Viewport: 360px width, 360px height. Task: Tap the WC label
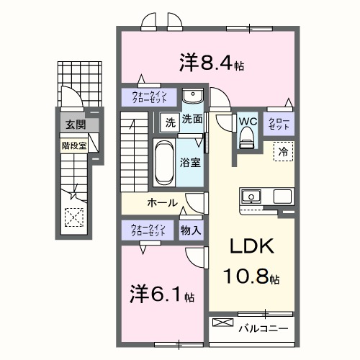248,120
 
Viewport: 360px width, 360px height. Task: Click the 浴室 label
191,163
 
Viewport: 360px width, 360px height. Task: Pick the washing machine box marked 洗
169,121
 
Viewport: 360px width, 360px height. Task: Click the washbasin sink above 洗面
192,97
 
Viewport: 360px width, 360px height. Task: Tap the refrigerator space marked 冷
283,152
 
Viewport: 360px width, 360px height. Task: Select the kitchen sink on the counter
252,196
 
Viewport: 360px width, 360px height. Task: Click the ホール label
162,202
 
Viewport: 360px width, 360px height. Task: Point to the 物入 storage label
192,230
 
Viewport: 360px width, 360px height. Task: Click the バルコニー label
264,328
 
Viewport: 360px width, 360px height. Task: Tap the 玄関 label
74,125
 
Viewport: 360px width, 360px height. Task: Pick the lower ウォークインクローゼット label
148,230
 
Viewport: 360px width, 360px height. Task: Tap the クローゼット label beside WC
279,123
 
